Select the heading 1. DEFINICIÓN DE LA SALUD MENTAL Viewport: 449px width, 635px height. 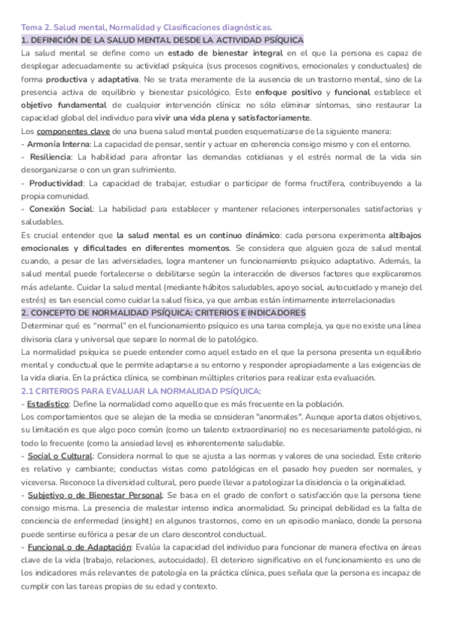click(x=162, y=40)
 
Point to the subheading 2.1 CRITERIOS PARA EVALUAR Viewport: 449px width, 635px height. click(x=141, y=391)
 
